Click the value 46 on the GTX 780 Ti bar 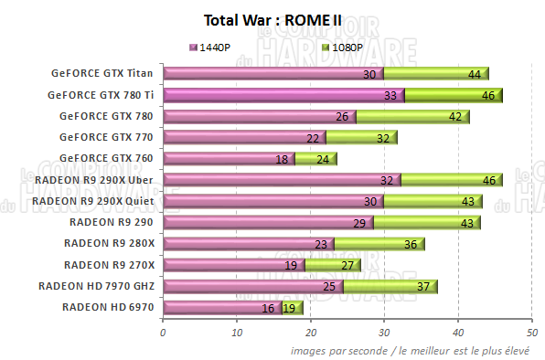click(488, 95)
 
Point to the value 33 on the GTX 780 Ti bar click(390, 95)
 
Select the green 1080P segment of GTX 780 click(411, 116)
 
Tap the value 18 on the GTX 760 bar click(283, 159)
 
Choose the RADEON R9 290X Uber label click(94, 179)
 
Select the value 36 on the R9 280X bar click(411, 244)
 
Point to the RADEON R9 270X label click(109, 265)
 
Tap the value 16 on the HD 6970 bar click(268, 308)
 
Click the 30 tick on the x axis click(385, 331)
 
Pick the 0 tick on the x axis click(163, 331)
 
